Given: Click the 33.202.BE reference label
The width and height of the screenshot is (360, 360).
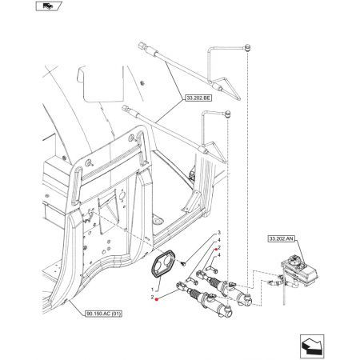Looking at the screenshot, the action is click(x=198, y=98).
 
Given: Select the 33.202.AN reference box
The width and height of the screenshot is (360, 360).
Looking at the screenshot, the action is click(x=282, y=238).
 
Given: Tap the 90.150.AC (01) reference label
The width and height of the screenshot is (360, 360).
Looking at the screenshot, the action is click(x=103, y=314).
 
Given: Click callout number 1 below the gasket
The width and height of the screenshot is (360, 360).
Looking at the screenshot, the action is click(x=152, y=290).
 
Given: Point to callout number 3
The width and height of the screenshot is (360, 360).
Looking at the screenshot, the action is click(x=219, y=233).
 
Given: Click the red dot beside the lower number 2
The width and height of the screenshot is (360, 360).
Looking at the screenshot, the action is click(x=157, y=299).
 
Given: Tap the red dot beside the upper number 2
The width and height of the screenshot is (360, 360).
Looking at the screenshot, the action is click(x=216, y=249).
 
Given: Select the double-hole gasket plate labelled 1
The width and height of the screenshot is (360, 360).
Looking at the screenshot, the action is click(x=162, y=263).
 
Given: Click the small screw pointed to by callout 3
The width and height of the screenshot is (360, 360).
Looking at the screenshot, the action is click(x=183, y=264).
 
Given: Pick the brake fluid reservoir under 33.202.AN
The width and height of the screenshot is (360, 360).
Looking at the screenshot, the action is click(x=299, y=270).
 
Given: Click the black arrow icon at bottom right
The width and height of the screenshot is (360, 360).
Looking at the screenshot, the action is click(x=312, y=346).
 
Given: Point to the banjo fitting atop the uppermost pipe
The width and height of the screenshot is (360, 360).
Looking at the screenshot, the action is click(x=247, y=47).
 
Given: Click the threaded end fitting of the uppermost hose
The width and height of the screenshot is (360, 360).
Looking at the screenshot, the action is click(x=142, y=47).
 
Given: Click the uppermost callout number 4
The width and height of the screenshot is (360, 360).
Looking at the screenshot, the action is click(x=219, y=240).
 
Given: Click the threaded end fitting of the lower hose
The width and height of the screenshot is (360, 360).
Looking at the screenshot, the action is click(x=126, y=109).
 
